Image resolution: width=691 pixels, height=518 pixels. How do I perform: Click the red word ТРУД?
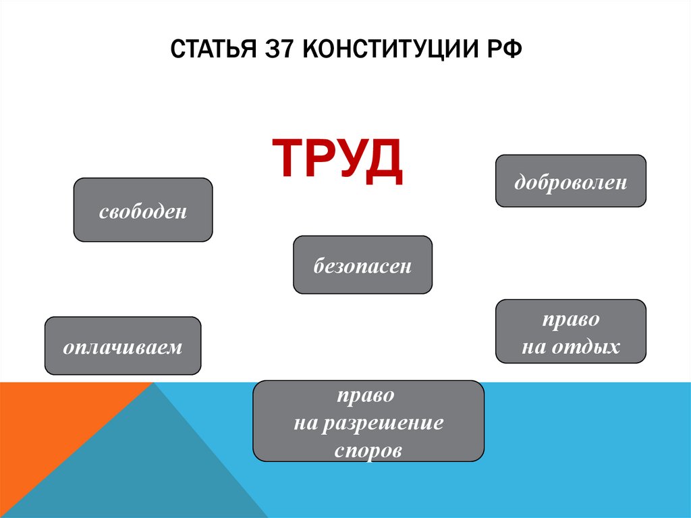(x=337, y=159)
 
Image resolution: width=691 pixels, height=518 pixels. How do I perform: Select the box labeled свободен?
(x=143, y=210)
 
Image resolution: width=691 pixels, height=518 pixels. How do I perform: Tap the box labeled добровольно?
(x=571, y=181)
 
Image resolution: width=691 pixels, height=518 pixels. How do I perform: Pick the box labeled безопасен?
(x=362, y=265)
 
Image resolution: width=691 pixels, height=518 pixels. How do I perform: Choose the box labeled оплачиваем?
(x=123, y=346)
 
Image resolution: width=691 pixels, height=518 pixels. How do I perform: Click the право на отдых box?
(x=571, y=332)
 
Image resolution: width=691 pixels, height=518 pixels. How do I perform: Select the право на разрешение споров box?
(x=368, y=421)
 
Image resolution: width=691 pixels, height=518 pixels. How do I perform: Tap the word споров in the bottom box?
(x=368, y=450)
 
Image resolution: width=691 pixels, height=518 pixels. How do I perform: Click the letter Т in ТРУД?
(x=287, y=159)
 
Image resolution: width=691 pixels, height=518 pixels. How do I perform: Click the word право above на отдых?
(x=571, y=317)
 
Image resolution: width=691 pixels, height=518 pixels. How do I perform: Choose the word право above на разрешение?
(x=368, y=396)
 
